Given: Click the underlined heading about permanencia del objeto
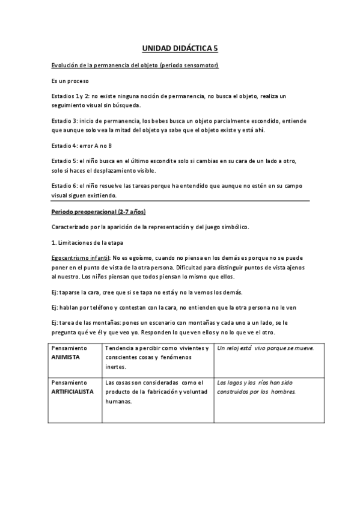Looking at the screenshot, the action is [x=135, y=64].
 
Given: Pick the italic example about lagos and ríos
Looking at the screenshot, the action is [x=259, y=387].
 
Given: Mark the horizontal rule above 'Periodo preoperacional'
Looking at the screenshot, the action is [x=180, y=200].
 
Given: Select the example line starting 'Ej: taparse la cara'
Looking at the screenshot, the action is [x=147, y=292].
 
